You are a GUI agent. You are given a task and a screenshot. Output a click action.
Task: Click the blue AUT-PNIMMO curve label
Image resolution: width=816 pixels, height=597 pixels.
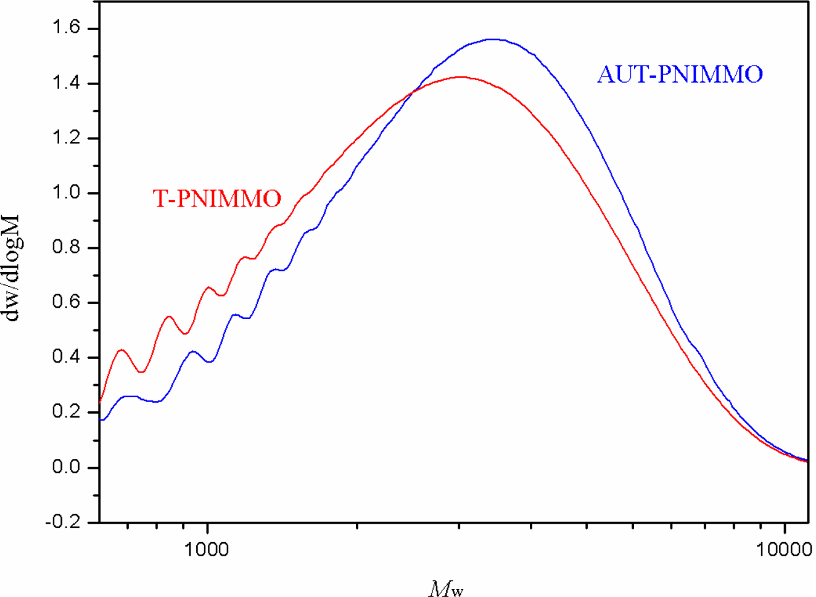(680, 75)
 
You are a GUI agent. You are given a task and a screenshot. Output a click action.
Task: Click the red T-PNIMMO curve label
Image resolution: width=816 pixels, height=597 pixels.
(216, 199)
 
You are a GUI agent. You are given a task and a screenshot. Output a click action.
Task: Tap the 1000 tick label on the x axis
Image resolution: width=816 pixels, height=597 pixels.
(207, 549)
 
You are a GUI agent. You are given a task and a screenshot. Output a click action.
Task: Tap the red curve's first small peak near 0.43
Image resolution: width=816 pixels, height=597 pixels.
(122, 350)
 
